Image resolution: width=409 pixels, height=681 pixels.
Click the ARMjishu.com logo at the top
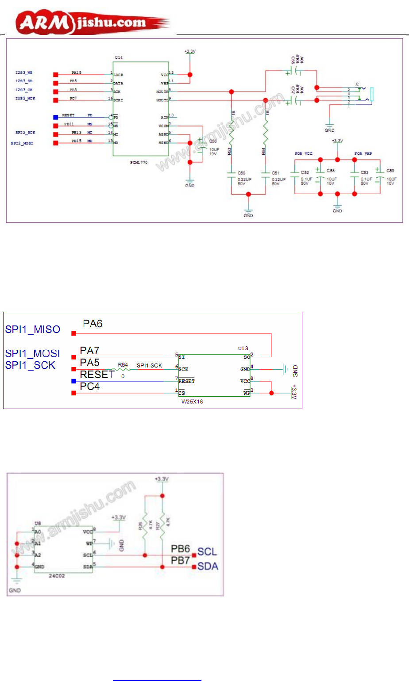(93, 23)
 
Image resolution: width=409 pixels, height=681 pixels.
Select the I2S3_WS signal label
(24, 73)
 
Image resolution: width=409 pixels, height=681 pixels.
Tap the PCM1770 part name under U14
(139, 163)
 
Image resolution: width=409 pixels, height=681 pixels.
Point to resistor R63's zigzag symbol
(232, 133)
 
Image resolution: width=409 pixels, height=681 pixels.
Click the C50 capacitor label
(241, 173)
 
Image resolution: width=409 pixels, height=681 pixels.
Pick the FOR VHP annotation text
(363, 153)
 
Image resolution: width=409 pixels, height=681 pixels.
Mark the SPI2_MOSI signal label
(22, 143)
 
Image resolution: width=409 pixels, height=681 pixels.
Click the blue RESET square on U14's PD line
(55, 117)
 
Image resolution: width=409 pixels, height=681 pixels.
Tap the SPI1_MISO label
(33, 329)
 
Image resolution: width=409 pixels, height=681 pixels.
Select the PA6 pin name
(93, 324)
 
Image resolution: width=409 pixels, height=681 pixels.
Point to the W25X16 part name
(192, 402)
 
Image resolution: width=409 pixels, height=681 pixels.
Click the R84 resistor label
(123, 365)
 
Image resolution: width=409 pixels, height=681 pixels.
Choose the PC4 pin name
(90, 386)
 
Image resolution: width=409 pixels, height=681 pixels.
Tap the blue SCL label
(207, 551)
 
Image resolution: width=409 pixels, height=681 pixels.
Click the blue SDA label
(208, 566)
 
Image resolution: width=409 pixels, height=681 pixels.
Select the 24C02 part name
(56, 576)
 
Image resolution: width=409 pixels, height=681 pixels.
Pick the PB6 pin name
(180, 549)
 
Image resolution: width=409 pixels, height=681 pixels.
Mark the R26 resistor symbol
(145, 526)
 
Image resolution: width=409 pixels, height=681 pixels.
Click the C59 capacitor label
(390, 171)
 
